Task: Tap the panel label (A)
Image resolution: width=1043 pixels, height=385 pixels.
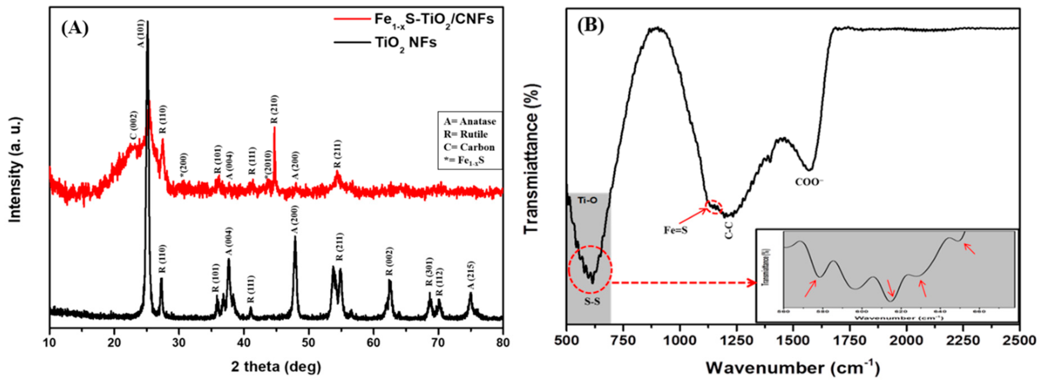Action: tap(74, 28)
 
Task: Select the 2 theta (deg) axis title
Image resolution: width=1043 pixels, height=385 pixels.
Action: tap(276, 367)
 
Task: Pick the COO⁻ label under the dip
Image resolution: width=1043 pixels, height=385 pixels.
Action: tap(809, 182)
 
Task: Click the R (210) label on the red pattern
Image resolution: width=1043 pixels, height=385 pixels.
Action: tap(274, 109)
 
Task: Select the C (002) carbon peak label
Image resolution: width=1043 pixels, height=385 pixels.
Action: tap(134, 126)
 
